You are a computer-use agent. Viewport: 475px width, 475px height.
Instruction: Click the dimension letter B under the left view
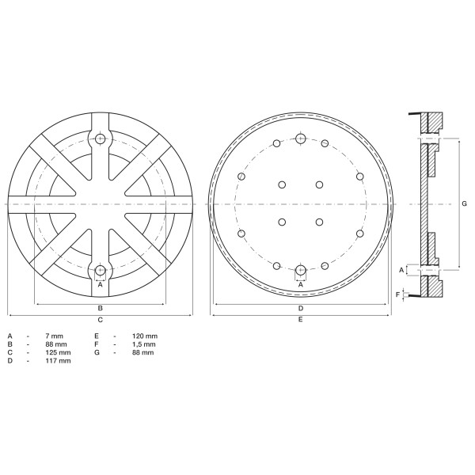tap(101, 307)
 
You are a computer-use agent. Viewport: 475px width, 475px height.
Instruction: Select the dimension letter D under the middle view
tap(301, 307)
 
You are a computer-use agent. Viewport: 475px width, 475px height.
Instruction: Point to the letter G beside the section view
tap(463, 203)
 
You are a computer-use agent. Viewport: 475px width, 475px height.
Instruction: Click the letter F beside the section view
tap(397, 294)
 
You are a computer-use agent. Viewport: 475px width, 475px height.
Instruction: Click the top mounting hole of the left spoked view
tap(101, 139)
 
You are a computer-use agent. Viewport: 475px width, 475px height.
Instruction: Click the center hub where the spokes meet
tap(101, 204)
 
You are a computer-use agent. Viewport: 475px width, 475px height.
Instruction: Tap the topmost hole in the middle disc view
tap(301, 139)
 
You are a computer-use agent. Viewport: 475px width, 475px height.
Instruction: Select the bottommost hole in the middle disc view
tap(301, 270)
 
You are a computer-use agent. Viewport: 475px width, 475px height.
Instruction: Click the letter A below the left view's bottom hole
tap(101, 284)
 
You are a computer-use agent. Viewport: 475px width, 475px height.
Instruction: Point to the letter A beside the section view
tap(401, 270)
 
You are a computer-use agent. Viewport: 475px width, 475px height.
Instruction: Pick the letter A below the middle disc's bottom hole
tap(301, 284)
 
